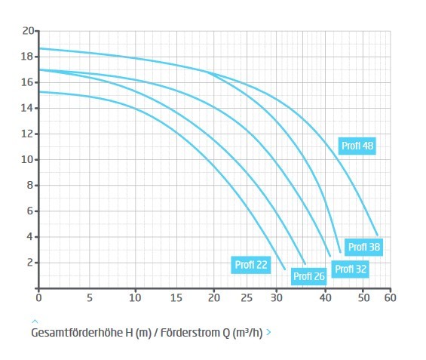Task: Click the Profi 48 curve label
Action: (x=357, y=146)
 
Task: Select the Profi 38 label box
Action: (x=363, y=247)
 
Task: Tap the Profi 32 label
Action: (x=350, y=269)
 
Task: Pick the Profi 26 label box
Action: (x=308, y=276)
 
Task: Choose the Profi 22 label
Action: (x=251, y=265)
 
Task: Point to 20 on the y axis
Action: (x=28, y=31)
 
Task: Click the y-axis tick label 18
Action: (x=27, y=57)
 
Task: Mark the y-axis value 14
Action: (x=27, y=108)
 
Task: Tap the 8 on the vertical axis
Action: (x=30, y=186)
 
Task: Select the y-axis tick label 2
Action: (x=30, y=263)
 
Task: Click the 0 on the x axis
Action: (x=38, y=298)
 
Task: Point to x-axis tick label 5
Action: (x=90, y=298)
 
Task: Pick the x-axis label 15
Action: (x=176, y=298)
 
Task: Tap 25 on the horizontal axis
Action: (x=247, y=298)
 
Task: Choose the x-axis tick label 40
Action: (x=325, y=298)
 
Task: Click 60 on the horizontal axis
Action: (x=390, y=298)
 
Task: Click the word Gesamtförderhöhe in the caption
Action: (x=77, y=333)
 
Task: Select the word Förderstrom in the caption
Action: (x=193, y=333)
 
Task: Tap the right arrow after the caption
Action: (x=268, y=332)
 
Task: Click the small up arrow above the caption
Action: (x=35, y=322)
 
